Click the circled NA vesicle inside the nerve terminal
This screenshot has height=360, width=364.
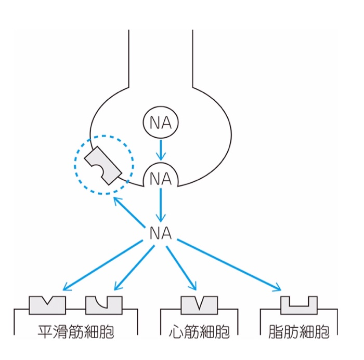point(161,122)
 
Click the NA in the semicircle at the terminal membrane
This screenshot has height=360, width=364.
point(161,179)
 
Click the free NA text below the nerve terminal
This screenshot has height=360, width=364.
point(161,233)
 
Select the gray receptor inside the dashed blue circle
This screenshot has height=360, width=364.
point(103,165)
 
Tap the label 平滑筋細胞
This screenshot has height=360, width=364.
point(76,332)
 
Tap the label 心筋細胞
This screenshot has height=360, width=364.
point(199,332)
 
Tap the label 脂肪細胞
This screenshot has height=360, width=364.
point(299,332)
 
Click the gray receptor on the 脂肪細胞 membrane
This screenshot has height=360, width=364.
point(299,310)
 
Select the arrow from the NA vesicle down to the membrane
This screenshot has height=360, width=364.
point(161,150)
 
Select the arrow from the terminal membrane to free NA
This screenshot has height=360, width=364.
point(161,205)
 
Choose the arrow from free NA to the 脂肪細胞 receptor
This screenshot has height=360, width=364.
point(229,264)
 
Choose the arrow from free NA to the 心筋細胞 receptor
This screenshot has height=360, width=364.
point(181,268)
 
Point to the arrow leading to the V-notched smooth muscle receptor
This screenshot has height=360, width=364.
point(102,265)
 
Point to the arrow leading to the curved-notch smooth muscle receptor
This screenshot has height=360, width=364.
point(134,268)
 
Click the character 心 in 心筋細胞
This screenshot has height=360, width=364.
point(176,332)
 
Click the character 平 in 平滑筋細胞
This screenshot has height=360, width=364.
point(45,332)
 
